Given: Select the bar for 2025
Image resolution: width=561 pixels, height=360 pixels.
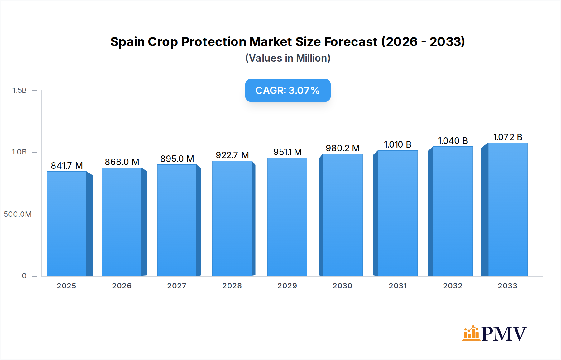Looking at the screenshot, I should click(67, 224).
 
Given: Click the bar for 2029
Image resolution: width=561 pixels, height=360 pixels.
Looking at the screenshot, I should click(287, 217).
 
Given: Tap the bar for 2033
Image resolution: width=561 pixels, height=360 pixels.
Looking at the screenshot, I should click(508, 209).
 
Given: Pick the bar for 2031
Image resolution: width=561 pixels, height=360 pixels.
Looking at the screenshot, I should click(397, 213).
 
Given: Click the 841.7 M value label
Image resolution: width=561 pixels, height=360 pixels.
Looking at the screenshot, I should click(67, 166).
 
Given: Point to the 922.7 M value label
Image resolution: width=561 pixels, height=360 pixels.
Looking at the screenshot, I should click(232, 155).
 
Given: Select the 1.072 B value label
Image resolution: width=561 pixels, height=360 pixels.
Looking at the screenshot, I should click(507, 137).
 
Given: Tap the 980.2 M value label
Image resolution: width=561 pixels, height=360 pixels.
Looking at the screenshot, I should click(343, 148).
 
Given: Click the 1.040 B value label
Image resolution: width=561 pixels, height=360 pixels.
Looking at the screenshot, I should click(453, 141).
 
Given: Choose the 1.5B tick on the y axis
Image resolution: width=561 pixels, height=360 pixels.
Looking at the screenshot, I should click(19, 90).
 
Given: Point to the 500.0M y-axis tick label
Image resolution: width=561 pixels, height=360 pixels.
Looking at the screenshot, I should click(17, 214).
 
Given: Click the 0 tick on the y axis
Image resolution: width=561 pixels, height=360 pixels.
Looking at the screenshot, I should click(24, 276).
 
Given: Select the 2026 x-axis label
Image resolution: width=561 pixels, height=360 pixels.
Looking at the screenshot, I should click(122, 286).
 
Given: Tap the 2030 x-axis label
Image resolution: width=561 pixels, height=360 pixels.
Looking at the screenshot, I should click(342, 286).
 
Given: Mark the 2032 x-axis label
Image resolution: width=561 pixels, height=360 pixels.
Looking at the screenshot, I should click(453, 286).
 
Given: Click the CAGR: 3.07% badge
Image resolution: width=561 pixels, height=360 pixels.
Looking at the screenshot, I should click(288, 90).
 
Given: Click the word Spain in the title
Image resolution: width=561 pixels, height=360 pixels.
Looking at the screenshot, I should click(127, 42).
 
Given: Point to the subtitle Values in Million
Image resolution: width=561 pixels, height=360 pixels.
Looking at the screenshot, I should click(288, 58).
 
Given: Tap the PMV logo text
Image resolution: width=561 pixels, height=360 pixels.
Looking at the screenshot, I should click(504, 334).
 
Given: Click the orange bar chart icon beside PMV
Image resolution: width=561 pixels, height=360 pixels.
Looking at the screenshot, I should click(471, 333).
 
